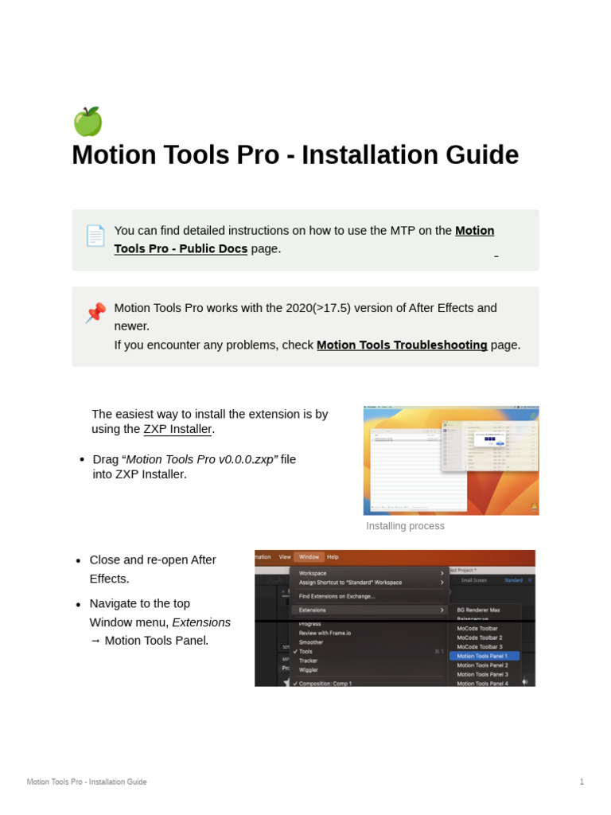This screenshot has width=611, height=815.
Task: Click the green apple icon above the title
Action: click(x=88, y=122)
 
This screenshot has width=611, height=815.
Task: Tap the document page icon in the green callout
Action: click(x=95, y=236)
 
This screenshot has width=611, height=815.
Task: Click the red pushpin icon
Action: click(x=95, y=313)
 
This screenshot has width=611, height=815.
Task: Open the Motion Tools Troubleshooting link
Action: click(x=402, y=345)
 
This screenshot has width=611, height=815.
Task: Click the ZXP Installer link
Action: click(x=177, y=429)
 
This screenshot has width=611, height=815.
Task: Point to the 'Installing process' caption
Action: click(x=405, y=526)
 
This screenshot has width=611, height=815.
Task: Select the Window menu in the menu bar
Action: click(x=309, y=557)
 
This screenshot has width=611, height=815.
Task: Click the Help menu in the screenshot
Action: click(x=333, y=557)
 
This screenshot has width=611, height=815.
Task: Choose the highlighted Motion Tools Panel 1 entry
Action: click(x=483, y=656)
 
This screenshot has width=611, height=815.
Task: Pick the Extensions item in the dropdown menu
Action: click(x=313, y=610)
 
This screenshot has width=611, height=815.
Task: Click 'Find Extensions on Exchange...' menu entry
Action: click(x=337, y=596)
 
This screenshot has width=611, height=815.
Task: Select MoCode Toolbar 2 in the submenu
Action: click(x=480, y=638)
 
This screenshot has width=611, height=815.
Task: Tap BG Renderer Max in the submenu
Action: click(x=479, y=610)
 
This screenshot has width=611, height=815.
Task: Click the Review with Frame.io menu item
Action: click(x=325, y=633)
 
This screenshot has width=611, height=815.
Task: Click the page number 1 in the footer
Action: click(x=582, y=782)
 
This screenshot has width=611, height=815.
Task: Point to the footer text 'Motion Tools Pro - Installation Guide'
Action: click(x=87, y=782)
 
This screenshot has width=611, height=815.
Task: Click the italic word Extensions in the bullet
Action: click(x=201, y=622)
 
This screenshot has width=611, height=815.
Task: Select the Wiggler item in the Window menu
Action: click(x=309, y=669)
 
